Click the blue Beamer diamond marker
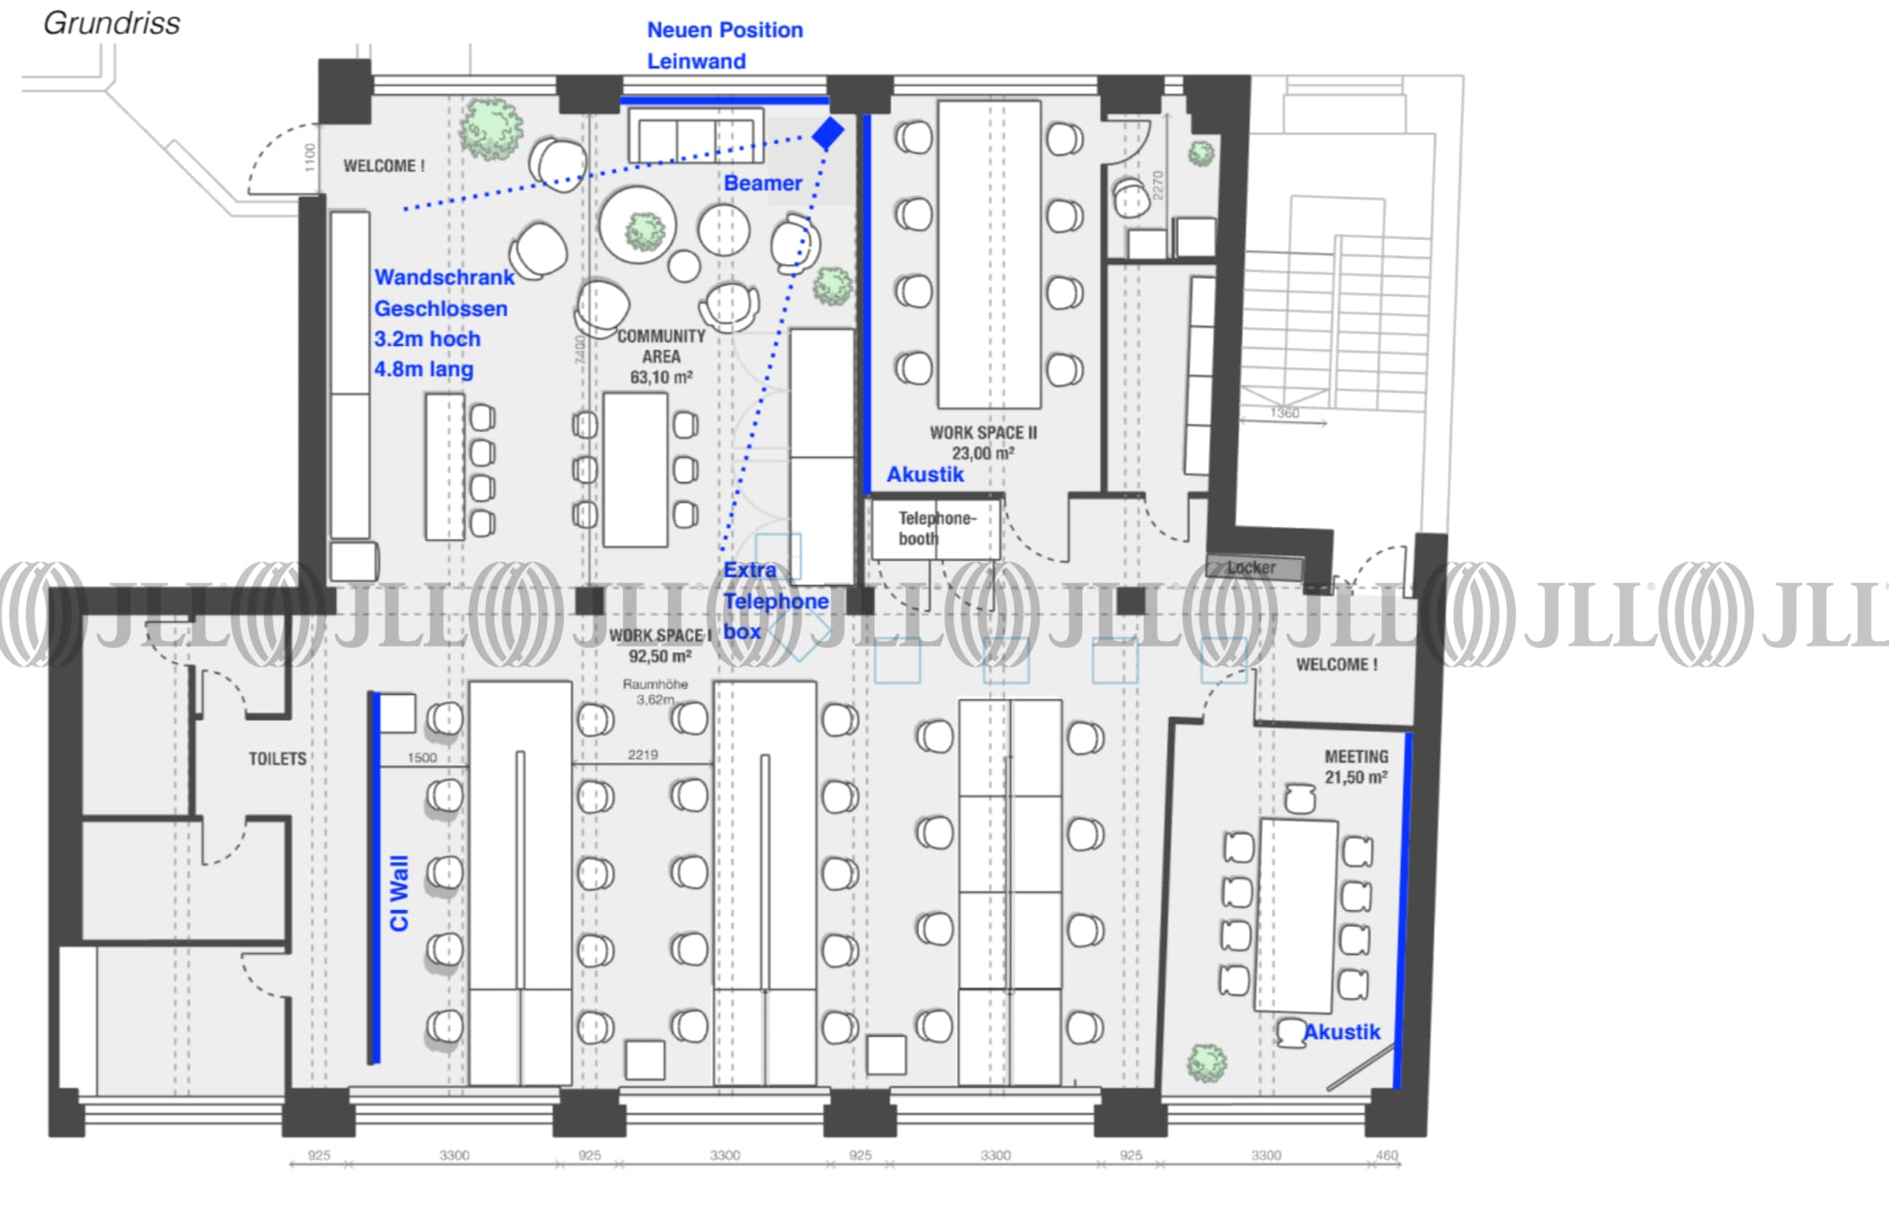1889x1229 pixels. pos(827,133)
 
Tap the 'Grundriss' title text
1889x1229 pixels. pos(112,23)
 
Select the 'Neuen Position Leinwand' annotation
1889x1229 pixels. pos(724,46)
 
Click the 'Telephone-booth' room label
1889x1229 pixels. pos(936,529)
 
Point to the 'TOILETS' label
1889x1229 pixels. pos(278,759)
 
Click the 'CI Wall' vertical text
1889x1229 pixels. pos(399,893)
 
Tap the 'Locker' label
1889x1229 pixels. pos(1251,567)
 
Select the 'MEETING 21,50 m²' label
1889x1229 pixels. pos(1356,767)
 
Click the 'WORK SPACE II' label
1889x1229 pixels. pos(983,433)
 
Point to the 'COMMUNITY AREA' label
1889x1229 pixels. pos(661,346)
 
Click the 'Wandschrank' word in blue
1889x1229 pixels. pos(444,278)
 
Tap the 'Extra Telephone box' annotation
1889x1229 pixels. pos(775,600)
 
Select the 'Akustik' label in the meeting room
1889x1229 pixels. pos(1341,1032)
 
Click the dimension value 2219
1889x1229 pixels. pos(643,755)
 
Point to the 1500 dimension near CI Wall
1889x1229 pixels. pos(422,758)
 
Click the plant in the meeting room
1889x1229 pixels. pos(1206,1063)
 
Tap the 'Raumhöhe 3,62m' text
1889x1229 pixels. pos(655,692)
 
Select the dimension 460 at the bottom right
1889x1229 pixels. pos(1386,1155)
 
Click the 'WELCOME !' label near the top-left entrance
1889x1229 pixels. pos(384,166)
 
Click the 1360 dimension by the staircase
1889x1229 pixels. pos(1284,413)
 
